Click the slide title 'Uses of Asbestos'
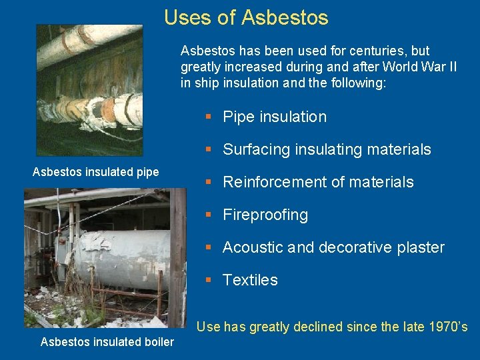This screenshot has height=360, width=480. click(246, 17)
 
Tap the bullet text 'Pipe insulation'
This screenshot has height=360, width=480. click(275, 117)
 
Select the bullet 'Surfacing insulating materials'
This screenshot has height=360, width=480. click(327, 149)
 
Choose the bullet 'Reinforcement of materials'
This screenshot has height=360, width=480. click(318, 182)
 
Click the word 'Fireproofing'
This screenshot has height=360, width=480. click(265, 215)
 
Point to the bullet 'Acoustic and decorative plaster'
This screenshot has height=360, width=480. click(333, 247)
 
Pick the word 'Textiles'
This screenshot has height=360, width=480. click(250, 280)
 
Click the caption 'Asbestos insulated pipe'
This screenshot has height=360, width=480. click(96, 172)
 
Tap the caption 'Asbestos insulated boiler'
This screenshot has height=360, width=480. click(107, 342)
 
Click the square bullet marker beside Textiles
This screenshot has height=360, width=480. click(209, 280)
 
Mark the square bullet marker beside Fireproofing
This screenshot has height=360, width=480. click(209, 215)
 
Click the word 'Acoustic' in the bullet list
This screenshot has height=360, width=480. click(251, 247)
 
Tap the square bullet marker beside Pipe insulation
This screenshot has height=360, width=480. click(209, 117)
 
